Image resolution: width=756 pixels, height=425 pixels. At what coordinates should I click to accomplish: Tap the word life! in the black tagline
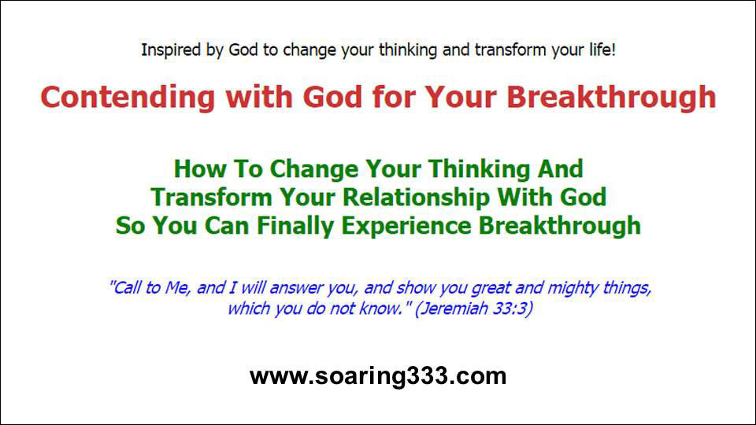[602, 50]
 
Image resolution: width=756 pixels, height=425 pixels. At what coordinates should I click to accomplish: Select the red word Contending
[128, 98]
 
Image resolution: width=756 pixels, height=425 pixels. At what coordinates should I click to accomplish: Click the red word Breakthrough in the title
[611, 98]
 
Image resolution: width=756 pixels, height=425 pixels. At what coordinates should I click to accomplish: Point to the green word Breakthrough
[559, 225]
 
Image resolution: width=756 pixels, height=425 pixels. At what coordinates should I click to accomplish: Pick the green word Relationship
[416, 198]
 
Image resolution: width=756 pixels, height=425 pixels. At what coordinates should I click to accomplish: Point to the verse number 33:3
[512, 309]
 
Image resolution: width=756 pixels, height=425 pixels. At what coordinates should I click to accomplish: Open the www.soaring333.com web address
[378, 376]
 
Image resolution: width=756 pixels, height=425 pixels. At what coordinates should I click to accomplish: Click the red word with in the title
[259, 98]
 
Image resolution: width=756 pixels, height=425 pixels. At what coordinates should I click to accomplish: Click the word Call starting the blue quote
[125, 288]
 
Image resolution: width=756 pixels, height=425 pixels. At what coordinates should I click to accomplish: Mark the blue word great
[491, 289]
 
